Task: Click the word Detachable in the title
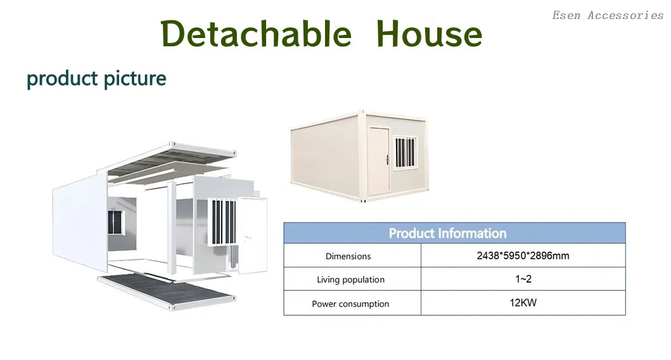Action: coord(256,34)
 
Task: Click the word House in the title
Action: coord(429,34)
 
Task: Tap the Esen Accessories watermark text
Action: coord(608,15)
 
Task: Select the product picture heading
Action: coord(96,79)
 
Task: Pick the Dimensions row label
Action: coord(348,256)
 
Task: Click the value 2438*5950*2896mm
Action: coord(523,255)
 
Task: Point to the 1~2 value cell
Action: coord(523,279)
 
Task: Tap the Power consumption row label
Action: coord(350,304)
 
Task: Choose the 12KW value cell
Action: coord(523,302)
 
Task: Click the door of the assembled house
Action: coord(379,160)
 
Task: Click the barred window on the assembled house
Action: coord(406,152)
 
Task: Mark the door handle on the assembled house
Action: coord(387,160)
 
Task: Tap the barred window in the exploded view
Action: coord(222,222)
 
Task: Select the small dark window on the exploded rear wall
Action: coord(115,222)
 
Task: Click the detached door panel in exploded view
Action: coord(252,235)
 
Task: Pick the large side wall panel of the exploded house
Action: coord(80,222)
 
